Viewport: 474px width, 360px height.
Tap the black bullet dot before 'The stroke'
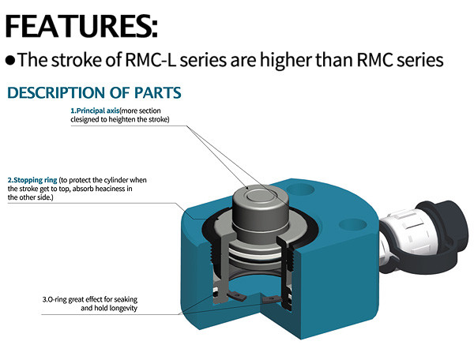coord(10,60)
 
